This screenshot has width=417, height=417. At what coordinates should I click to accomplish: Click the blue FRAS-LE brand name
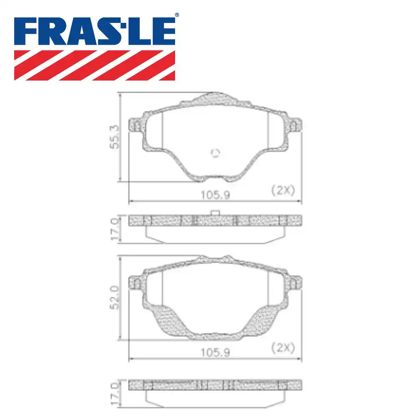coord(95,32)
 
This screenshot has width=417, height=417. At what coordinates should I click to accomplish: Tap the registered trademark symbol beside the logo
coord(177,15)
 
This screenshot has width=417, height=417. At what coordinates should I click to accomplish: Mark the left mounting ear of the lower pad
coord(135,283)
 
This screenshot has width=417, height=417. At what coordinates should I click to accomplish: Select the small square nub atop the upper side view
coord(215,213)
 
